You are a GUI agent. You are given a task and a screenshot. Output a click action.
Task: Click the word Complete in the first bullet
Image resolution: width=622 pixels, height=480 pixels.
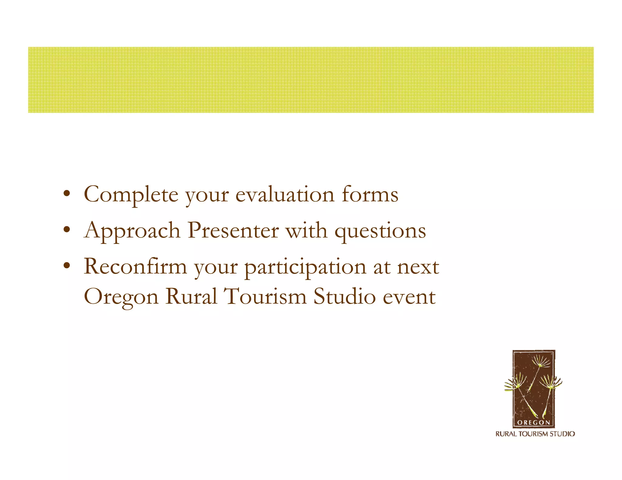131,194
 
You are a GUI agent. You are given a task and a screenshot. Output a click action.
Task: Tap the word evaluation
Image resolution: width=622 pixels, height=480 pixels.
285,194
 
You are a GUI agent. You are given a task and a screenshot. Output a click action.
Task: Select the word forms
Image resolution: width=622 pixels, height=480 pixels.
370,194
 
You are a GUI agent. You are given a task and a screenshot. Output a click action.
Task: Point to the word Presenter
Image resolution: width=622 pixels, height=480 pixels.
233,230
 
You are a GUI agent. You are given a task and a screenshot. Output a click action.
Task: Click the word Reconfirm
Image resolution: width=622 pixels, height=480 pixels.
135,267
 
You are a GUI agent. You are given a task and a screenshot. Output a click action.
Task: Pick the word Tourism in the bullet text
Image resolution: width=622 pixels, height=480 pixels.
265,296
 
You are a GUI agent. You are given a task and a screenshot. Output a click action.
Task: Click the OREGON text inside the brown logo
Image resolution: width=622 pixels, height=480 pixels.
533,422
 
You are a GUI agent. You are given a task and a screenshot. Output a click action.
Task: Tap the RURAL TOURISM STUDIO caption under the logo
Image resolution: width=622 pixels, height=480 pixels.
535,434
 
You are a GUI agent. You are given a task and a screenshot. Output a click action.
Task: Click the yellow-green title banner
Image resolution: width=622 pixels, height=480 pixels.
311,80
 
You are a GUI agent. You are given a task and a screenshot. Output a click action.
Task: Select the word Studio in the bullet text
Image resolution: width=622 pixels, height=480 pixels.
344,296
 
